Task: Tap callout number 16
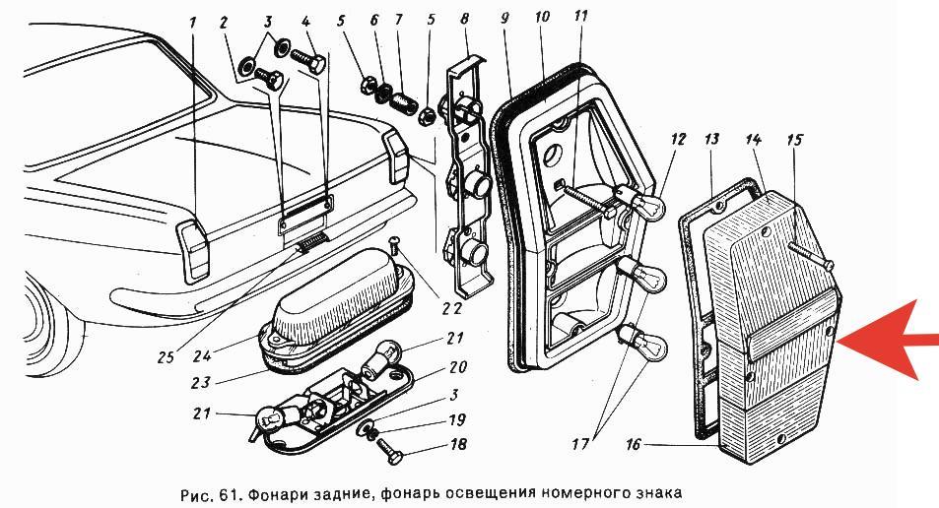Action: [x=634, y=445]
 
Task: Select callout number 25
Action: [x=166, y=357]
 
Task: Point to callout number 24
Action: [x=202, y=356]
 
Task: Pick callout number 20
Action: [x=457, y=366]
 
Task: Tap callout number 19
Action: [x=456, y=419]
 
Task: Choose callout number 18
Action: [x=457, y=445]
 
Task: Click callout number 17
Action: [x=579, y=445]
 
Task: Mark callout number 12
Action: [x=677, y=140]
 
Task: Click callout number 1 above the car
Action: [x=193, y=24]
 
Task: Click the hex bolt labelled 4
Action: [x=309, y=60]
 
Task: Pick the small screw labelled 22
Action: [x=396, y=245]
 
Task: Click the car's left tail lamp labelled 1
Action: [x=193, y=250]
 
